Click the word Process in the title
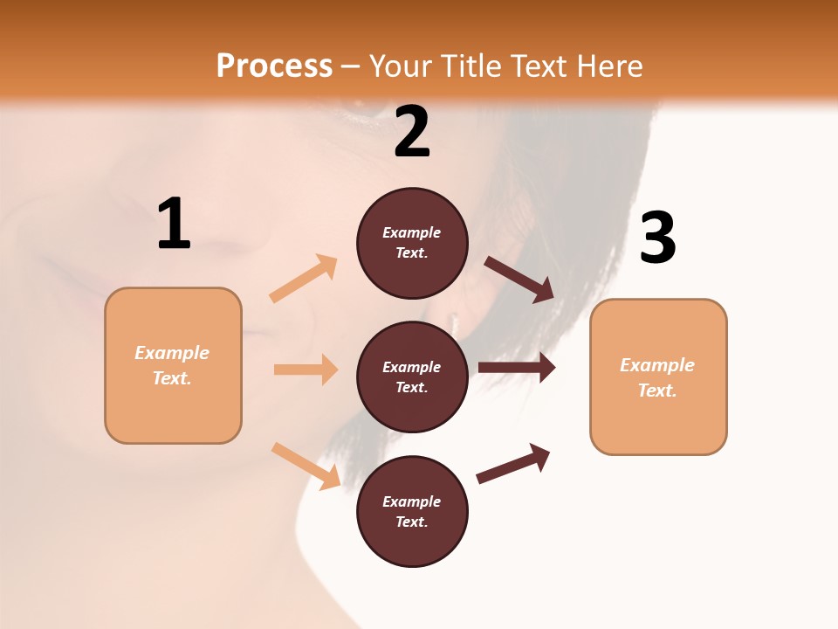click(x=274, y=66)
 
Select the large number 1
click(x=174, y=225)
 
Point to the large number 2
click(x=412, y=132)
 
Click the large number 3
click(x=657, y=238)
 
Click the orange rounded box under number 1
click(x=173, y=365)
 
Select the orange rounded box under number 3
click(x=658, y=377)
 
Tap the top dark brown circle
click(x=412, y=243)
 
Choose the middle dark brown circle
click(x=412, y=377)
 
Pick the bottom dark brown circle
click(x=412, y=511)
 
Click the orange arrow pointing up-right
click(x=304, y=279)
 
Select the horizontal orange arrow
click(x=306, y=370)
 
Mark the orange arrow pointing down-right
click(x=306, y=466)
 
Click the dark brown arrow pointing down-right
click(x=519, y=280)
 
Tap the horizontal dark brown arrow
click(x=517, y=368)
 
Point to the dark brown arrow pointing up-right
click(x=513, y=463)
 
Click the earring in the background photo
click(x=455, y=321)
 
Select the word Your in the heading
click(x=400, y=66)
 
